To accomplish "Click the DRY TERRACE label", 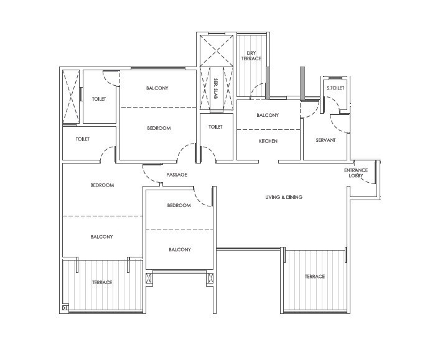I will click(253, 55).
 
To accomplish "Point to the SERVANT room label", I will click(325, 141).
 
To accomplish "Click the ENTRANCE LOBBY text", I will click(356, 173).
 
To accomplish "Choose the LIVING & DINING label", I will click(284, 197).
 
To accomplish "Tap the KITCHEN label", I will click(268, 141).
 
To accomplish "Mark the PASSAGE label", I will click(177, 175).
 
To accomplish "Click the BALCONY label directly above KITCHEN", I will click(268, 115).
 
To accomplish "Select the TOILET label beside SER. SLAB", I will click(215, 127).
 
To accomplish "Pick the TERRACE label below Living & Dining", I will click(314, 277).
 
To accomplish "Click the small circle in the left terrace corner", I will click(65, 308).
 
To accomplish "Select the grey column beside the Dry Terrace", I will click(267, 83).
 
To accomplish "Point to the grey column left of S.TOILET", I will click(302, 83).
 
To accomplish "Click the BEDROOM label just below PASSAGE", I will click(179, 205).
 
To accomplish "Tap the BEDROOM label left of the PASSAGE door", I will click(102, 185).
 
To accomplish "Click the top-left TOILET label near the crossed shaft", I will click(98, 99).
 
